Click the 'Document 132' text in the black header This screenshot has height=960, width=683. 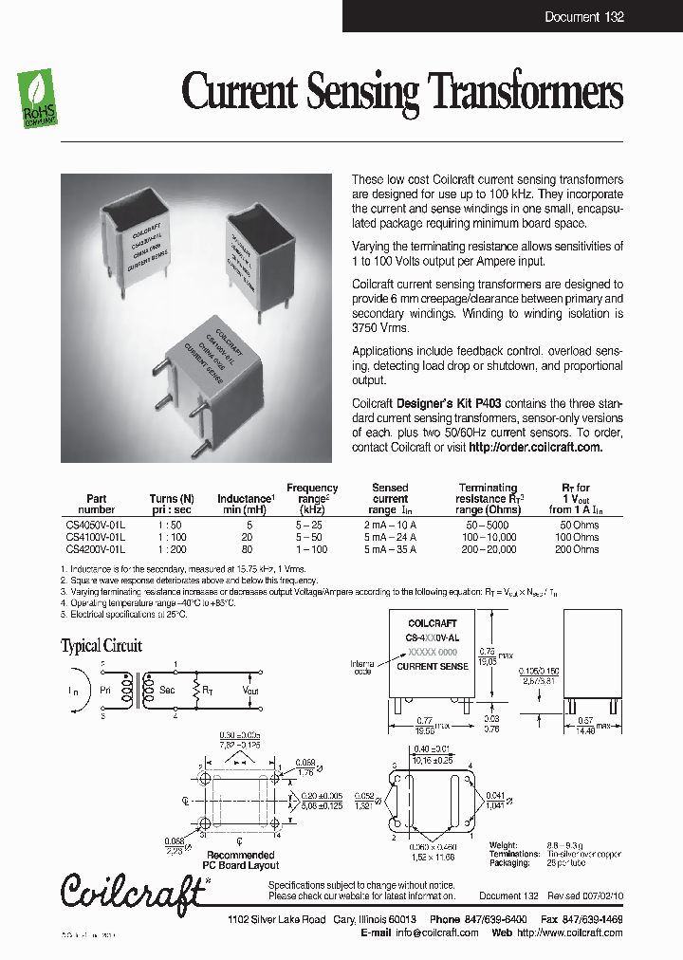tap(583, 17)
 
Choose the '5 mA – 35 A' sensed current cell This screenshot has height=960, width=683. tap(390, 549)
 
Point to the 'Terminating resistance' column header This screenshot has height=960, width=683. tap(488, 492)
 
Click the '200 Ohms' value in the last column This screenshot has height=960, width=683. tap(577, 549)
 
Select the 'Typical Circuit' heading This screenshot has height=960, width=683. tap(102, 646)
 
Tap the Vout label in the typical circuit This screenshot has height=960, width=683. tap(250, 692)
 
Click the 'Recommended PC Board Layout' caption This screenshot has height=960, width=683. tap(241, 859)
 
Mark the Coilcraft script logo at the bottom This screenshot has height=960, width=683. tap(133, 889)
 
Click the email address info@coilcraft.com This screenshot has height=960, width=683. tap(438, 932)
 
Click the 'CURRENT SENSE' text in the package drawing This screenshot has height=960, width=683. tap(432, 667)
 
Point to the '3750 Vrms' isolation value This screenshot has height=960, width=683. tap(379, 327)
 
